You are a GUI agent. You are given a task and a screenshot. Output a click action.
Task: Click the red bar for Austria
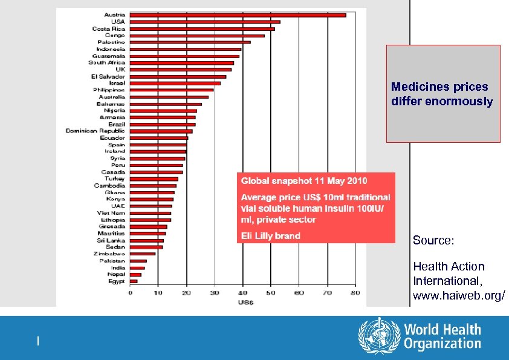pos(238,15)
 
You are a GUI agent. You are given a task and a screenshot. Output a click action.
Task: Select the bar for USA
pos(205,22)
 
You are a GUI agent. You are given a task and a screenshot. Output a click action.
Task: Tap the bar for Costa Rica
pos(203,28)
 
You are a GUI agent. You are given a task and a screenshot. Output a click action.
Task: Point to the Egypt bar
pos(134,281)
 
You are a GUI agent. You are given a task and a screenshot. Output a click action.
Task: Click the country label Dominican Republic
pos(95,131)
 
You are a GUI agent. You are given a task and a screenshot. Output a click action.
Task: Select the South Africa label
pos(106,62)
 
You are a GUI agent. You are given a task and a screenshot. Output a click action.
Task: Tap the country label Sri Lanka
pos(110,240)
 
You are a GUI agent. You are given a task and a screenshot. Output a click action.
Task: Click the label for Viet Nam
pos(111,213)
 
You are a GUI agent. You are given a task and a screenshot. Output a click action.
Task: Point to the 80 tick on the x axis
pos(355,293)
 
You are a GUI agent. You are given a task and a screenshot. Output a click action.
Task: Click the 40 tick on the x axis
pos(242,293)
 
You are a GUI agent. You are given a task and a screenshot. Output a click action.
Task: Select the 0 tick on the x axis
pos(130,293)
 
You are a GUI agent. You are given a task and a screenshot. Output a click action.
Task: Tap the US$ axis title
pos(245,301)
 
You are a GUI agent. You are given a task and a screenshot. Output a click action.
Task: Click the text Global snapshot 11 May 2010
pos(304,181)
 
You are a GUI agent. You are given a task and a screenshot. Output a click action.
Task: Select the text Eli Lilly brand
pos(270,235)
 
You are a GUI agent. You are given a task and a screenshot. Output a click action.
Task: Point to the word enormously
pos(459,101)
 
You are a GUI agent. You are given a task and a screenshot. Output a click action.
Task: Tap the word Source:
pos(433,240)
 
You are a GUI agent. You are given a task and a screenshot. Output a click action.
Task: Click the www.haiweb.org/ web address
pos(459,296)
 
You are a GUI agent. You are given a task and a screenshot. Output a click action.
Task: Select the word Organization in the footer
pos(442,344)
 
